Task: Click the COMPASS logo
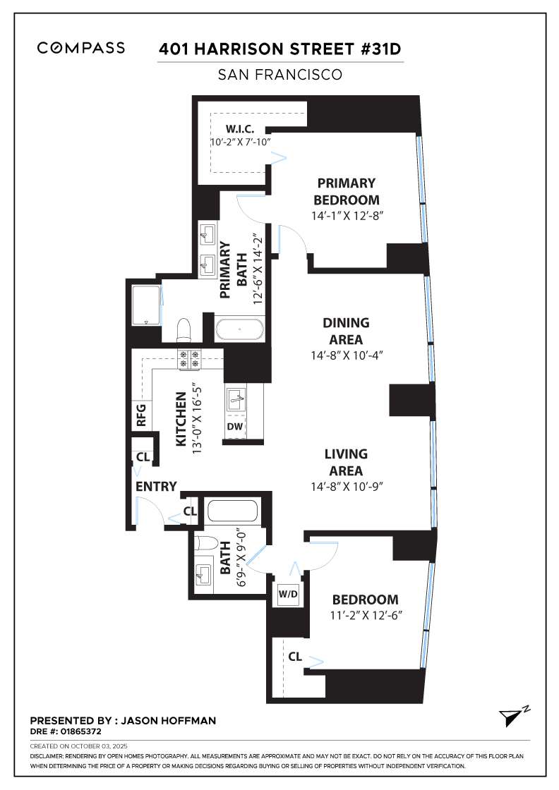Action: click(81, 48)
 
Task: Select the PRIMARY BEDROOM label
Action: click(347, 191)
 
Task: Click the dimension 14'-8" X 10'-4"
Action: click(346, 355)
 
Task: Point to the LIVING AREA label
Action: click(346, 462)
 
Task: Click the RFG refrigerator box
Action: click(140, 415)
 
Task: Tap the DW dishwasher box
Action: click(234, 426)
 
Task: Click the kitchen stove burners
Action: click(189, 359)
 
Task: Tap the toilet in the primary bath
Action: click(184, 330)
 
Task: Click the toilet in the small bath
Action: click(206, 544)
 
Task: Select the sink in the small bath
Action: click(205, 575)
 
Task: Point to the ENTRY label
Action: click(155, 487)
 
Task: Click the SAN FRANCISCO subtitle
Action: click(280, 74)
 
